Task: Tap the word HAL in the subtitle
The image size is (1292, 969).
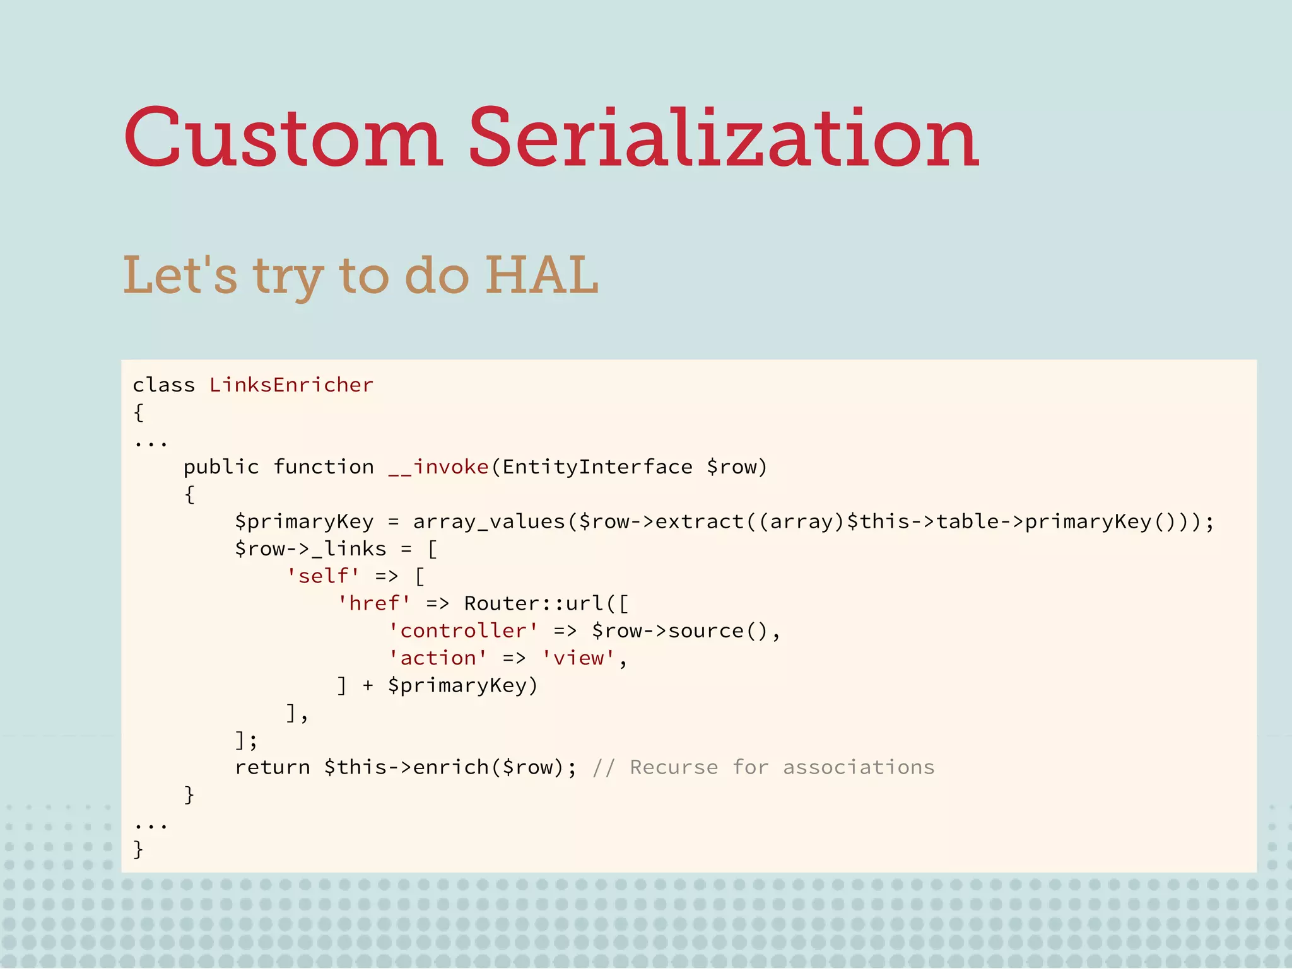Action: click(x=541, y=275)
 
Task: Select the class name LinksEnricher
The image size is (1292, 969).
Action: click(x=291, y=385)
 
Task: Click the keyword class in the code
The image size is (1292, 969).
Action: click(x=164, y=385)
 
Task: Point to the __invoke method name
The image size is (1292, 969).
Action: click(x=438, y=467)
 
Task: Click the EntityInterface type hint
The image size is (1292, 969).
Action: click(x=597, y=467)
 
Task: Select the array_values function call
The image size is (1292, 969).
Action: click(x=489, y=521)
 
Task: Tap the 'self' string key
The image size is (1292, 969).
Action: click(x=323, y=576)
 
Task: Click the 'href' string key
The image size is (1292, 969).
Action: click(x=374, y=603)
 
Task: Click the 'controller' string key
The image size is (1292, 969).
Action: click(x=463, y=630)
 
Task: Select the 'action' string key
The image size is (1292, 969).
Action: click(x=438, y=658)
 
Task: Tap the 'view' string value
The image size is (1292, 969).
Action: click(x=578, y=658)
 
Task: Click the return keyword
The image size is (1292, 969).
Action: click(x=272, y=767)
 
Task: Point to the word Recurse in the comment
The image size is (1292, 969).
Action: click(x=674, y=767)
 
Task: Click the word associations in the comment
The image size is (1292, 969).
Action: click(x=859, y=767)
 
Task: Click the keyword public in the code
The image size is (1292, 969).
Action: click(x=221, y=467)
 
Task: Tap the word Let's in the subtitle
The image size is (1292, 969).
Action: click(x=180, y=275)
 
